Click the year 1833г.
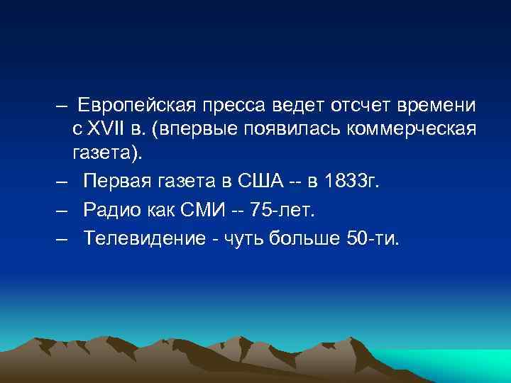point(351,183)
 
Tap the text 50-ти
point(372,237)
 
